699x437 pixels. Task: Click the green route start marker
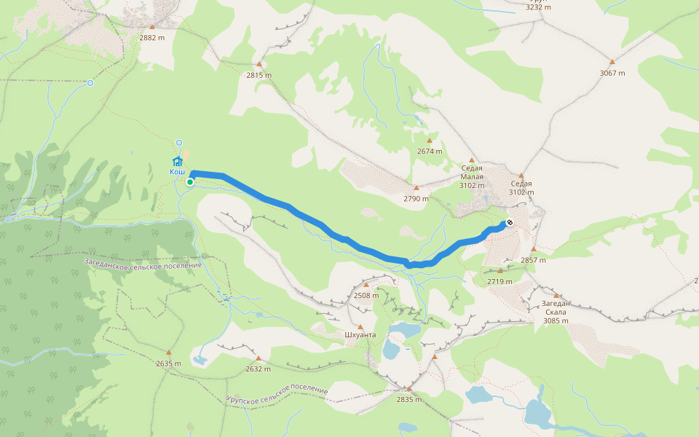(x=189, y=182)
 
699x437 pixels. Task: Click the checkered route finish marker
(x=510, y=223)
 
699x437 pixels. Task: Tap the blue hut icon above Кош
(x=177, y=161)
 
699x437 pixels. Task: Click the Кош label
(x=177, y=172)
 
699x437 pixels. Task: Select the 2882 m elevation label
(x=152, y=36)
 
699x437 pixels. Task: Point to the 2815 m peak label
(x=258, y=75)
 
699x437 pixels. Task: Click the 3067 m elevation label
(x=612, y=73)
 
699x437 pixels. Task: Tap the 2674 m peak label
(x=430, y=151)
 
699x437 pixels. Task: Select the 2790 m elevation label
(x=416, y=198)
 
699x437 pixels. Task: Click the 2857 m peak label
(x=533, y=260)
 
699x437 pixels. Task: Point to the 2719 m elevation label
(x=499, y=281)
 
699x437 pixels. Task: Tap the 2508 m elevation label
(x=366, y=296)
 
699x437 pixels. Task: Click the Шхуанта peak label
(x=360, y=336)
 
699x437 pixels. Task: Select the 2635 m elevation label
(x=168, y=363)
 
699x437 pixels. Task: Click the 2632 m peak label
(x=258, y=369)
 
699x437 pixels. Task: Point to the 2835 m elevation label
(x=409, y=399)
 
